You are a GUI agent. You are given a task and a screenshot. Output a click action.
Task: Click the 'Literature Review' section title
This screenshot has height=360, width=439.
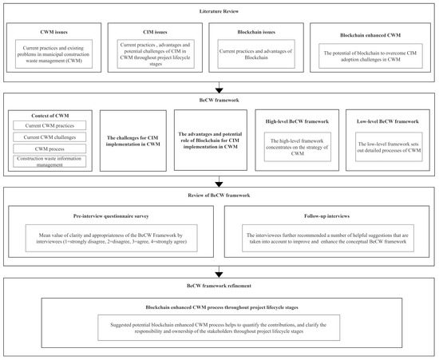tap(219, 13)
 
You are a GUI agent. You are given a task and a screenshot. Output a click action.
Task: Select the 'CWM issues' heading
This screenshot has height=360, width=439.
tap(53, 34)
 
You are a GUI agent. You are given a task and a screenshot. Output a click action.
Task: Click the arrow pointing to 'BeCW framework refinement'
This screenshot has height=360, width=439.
tap(219, 271)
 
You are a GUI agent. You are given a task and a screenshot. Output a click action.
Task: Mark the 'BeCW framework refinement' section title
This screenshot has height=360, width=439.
tap(219, 284)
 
